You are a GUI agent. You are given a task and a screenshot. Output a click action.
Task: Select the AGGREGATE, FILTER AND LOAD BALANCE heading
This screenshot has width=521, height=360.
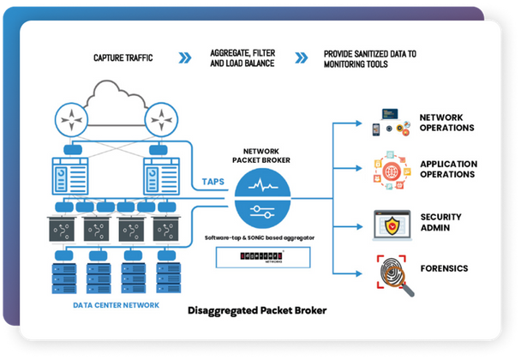pyautogui.click(x=237, y=58)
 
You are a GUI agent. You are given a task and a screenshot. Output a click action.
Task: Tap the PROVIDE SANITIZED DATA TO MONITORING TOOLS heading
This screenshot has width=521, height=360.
pyautogui.click(x=370, y=58)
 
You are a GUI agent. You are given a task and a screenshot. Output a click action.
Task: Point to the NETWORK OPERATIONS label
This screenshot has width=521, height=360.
pyautogui.click(x=446, y=122)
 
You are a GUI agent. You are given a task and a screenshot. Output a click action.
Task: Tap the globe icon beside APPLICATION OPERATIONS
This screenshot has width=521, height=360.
pyautogui.click(x=392, y=169)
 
